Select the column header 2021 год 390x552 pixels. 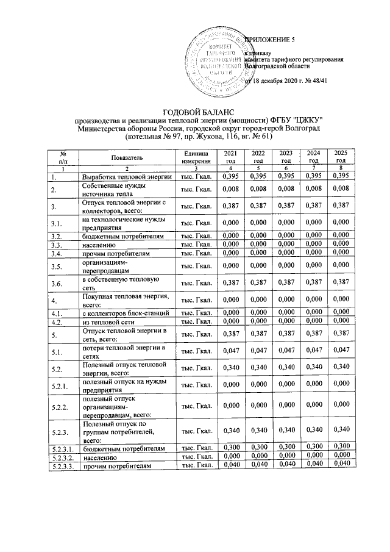pos(230,156)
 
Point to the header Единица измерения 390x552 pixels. pos(195,156)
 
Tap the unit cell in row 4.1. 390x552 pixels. pos(195,312)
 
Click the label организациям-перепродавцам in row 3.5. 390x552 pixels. pos(108,266)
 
